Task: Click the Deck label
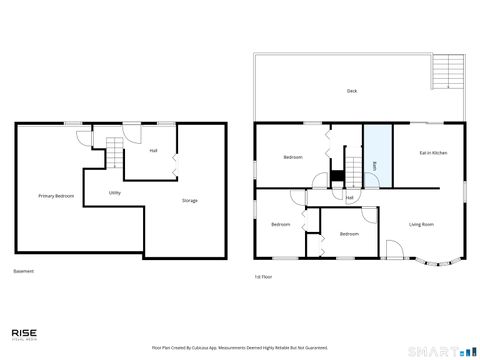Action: tap(352, 91)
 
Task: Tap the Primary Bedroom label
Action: tap(56, 196)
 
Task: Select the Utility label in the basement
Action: tap(115, 191)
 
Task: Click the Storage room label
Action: tap(189, 201)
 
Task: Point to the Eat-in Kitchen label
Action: tap(432, 153)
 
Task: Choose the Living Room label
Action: tap(421, 224)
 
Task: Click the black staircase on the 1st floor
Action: tap(337, 178)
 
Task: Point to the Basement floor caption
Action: tap(23, 272)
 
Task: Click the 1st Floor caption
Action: tap(263, 276)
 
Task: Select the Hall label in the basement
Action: tap(153, 151)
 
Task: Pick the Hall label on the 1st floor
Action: tap(349, 197)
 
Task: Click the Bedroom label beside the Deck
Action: tap(293, 157)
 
